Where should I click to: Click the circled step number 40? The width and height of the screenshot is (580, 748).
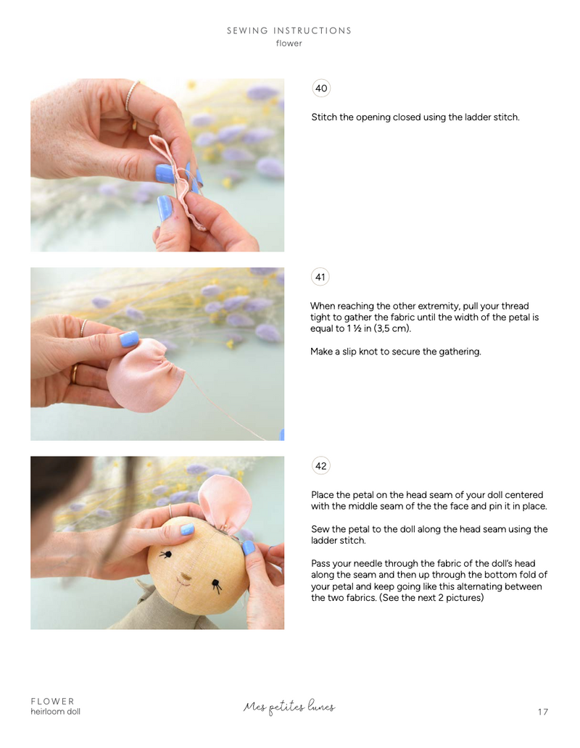[320, 88]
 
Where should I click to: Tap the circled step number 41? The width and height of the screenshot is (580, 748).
[320, 277]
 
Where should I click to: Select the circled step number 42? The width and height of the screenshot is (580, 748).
[320, 466]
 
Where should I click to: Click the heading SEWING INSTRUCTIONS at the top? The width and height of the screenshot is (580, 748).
[289, 30]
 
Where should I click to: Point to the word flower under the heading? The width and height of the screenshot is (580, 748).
[289, 43]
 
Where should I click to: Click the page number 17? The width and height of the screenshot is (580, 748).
[543, 712]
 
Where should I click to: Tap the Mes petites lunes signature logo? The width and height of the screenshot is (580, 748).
[289, 707]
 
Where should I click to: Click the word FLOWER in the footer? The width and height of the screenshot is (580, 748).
[52, 701]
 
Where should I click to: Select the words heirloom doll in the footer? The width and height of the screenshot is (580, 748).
[55, 712]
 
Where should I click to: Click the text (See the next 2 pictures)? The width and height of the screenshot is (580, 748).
[431, 598]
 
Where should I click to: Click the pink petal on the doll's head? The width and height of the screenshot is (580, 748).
[223, 505]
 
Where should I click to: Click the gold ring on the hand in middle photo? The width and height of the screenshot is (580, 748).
[73, 374]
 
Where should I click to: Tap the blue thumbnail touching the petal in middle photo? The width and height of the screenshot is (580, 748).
[129, 338]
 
